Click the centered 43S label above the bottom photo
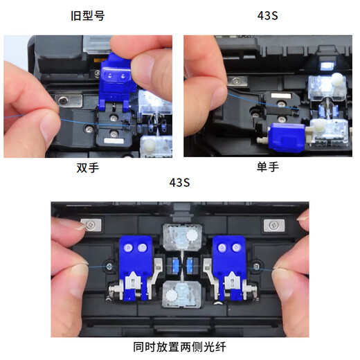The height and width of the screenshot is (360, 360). point(179,183)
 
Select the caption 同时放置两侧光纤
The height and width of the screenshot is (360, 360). point(179,347)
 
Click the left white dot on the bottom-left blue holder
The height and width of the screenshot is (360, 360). point(129,247)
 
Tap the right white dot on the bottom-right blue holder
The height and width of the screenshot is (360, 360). point(234,247)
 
